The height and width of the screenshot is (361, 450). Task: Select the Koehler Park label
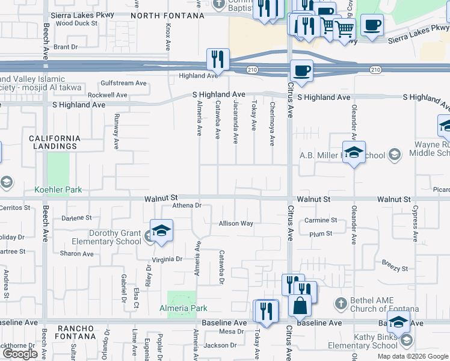58,190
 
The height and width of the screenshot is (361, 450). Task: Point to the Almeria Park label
183,308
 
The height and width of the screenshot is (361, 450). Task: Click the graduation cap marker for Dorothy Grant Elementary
161,232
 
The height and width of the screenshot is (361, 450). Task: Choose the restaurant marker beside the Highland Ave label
217,60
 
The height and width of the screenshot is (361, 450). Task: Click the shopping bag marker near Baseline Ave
300,305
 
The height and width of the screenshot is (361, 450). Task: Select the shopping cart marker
344,28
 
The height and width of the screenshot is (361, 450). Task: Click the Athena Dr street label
186,205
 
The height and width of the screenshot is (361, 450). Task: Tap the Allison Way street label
236,223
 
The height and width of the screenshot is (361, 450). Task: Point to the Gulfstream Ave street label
124,83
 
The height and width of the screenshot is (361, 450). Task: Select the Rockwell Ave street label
107,95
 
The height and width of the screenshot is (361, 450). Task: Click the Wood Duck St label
76,23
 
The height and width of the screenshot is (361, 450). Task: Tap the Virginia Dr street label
167,259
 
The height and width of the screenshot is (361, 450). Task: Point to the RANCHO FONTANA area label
76,328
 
